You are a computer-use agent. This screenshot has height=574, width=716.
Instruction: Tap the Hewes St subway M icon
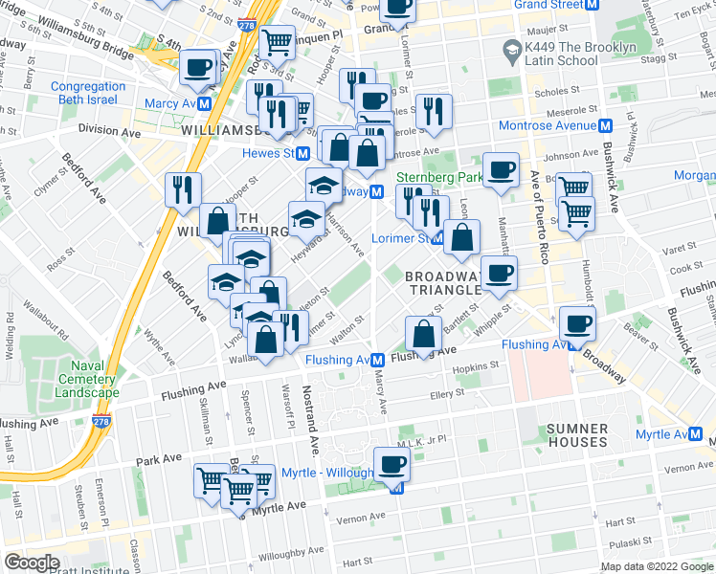pos(302,153)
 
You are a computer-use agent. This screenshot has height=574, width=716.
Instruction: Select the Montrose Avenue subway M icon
pos(605,126)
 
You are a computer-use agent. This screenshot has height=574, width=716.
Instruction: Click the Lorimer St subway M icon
pos(436,236)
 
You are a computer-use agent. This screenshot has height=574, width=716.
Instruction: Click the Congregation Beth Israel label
pos(88,93)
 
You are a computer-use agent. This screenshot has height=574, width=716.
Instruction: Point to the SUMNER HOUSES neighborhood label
pos(578,435)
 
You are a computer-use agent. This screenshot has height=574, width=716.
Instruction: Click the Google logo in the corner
pos(32,563)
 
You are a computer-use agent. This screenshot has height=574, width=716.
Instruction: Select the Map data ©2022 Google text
pos(656,566)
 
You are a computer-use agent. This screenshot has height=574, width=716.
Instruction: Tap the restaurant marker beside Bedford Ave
pos(182,188)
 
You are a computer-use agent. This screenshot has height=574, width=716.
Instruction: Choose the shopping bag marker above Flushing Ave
pos(423,334)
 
